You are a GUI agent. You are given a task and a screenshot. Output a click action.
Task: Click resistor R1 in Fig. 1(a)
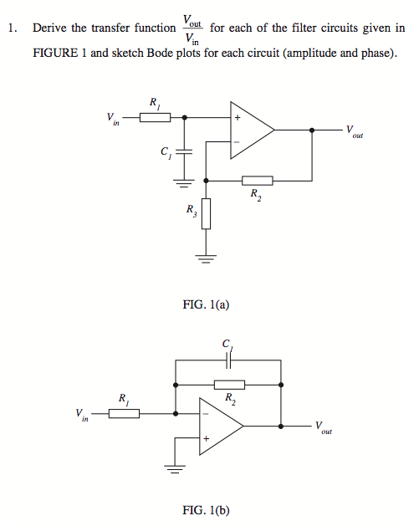pyautogui.click(x=155, y=117)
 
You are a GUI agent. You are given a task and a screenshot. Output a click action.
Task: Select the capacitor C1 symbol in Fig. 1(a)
pyautogui.click(x=184, y=152)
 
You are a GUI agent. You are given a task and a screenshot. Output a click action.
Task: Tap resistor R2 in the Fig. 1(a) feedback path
pyautogui.click(x=258, y=181)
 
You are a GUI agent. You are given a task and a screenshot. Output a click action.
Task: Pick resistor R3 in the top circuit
pyautogui.click(x=206, y=214)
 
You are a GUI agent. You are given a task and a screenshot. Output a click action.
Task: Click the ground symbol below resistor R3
pyautogui.click(x=206, y=259)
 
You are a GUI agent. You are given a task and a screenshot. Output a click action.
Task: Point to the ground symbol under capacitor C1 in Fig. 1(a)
pyautogui.click(x=184, y=183)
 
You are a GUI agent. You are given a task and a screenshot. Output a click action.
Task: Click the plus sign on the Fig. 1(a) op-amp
pyautogui.click(x=238, y=117)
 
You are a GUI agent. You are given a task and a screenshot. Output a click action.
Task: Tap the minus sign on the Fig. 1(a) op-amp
pyautogui.click(x=237, y=142)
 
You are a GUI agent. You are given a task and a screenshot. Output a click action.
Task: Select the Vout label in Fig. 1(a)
pyautogui.click(x=355, y=131)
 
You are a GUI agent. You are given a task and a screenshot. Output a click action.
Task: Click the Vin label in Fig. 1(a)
pyautogui.click(x=113, y=119)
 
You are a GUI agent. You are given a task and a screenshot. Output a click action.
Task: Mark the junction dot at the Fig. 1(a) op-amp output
pyautogui.click(x=312, y=130)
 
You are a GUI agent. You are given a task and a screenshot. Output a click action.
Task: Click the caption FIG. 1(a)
pyautogui.click(x=206, y=304)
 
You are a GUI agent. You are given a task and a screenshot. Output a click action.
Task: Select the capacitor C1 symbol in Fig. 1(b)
pyautogui.click(x=228, y=360)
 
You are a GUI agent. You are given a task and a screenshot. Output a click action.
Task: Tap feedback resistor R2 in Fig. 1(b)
pyautogui.click(x=229, y=385)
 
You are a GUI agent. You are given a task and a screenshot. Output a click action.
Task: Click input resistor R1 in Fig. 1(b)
pyautogui.click(x=124, y=414)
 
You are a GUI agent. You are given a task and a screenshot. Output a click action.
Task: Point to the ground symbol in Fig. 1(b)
pyautogui.click(x=175, y=468)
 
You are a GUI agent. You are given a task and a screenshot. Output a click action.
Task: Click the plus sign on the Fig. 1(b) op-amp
pyautogui.click(x=206, y=438)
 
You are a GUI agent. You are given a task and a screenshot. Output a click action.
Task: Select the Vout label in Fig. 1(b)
pyautogui.click(x=324, y=427)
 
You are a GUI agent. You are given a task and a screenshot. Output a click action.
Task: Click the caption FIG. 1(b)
pyautogui.click(x=206, y=510)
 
